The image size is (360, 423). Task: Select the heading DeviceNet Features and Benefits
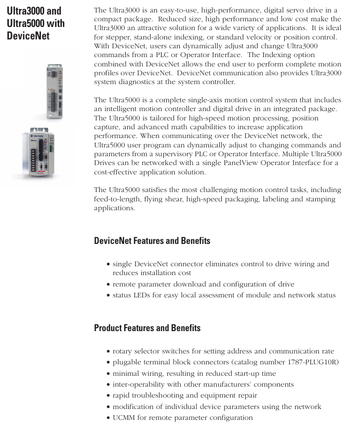pyautogui.click(x=152, y=241)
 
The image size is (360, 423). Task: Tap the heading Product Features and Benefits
pyautogui.click(x=147, y=328)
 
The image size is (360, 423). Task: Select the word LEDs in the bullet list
pyautogui.click(x=145, y=295)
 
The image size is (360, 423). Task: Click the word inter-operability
pyautogui.click(x=139, y=385)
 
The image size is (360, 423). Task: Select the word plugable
pyautogui.click(x=128, y=362)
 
